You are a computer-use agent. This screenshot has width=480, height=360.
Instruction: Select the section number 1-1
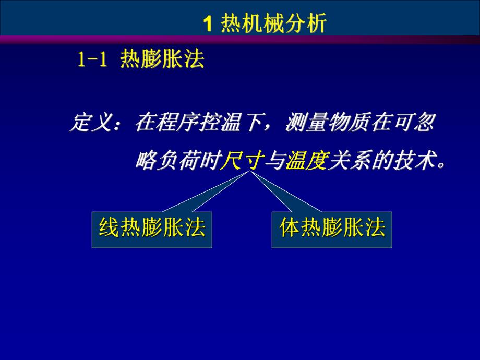(92, 61)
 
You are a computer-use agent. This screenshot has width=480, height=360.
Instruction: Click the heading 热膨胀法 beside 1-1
(162, 61)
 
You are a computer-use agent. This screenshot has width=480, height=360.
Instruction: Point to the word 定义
(90, 124)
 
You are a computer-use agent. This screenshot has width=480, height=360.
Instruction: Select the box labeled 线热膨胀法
(152, 229)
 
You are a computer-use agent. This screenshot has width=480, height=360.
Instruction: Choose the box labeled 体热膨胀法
(332, 229)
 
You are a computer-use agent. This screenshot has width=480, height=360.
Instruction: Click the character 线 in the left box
(108, 229)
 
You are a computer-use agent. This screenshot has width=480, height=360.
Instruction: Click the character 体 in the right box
(290, 229)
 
